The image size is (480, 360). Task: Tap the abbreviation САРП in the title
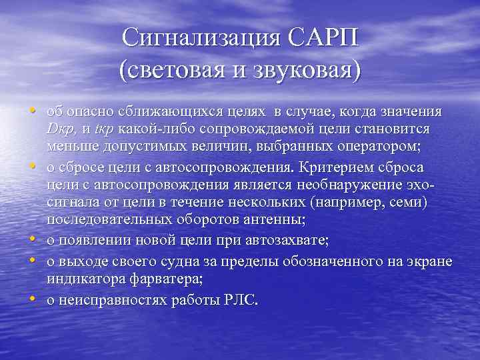323,37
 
